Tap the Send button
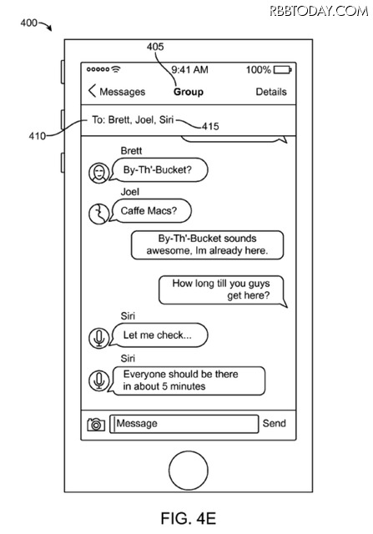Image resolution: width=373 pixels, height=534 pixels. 274,423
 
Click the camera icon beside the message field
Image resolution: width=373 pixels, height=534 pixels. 96,425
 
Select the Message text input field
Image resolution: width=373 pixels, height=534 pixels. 184,424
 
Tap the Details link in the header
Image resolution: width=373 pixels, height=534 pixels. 271,92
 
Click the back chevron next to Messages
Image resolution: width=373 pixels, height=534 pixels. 92,91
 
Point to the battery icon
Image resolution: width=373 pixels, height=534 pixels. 282,70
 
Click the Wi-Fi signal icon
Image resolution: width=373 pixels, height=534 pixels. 116,69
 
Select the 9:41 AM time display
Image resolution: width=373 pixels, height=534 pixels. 189,70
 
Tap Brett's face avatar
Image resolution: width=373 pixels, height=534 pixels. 98,173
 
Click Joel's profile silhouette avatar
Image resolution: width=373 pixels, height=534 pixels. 98,214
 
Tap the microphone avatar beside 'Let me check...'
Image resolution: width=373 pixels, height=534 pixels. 98,338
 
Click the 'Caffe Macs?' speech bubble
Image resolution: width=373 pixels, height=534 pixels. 150,211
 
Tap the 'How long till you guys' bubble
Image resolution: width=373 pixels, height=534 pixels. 223,290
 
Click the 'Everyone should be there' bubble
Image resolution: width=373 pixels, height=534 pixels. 187,380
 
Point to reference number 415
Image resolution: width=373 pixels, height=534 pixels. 210,126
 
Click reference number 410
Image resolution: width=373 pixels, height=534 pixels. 37,136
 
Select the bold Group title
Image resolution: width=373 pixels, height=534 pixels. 189,92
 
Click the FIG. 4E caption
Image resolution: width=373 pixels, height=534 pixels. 189,518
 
